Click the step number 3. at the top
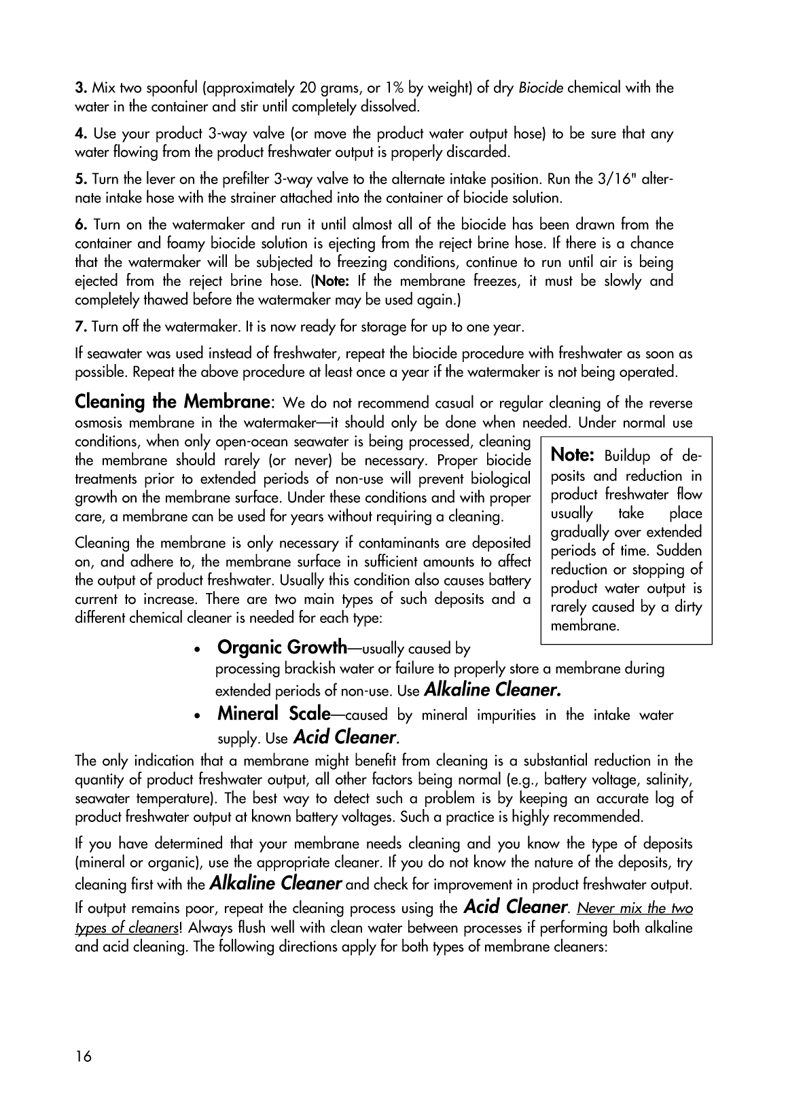pyautogui.click(x=80, y=88)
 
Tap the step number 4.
pyautogui.click(x=81, y=134)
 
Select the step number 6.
pyautogui.click(x=81, y=225)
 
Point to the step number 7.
pyautogui.click(x=81, y=327)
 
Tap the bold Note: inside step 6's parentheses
pyautogui.click(x=331, y=281)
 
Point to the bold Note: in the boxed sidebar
pyautogui.click(x=573, y=454)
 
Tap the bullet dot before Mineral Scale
pyautogui.click(x=197, y=717)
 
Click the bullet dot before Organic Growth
pyautogui.click(x=197, y=650)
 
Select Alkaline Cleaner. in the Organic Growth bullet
pyautogui.click(x=493, y=690)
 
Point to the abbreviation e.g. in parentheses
pyautogui.click(x=524, y=780)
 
